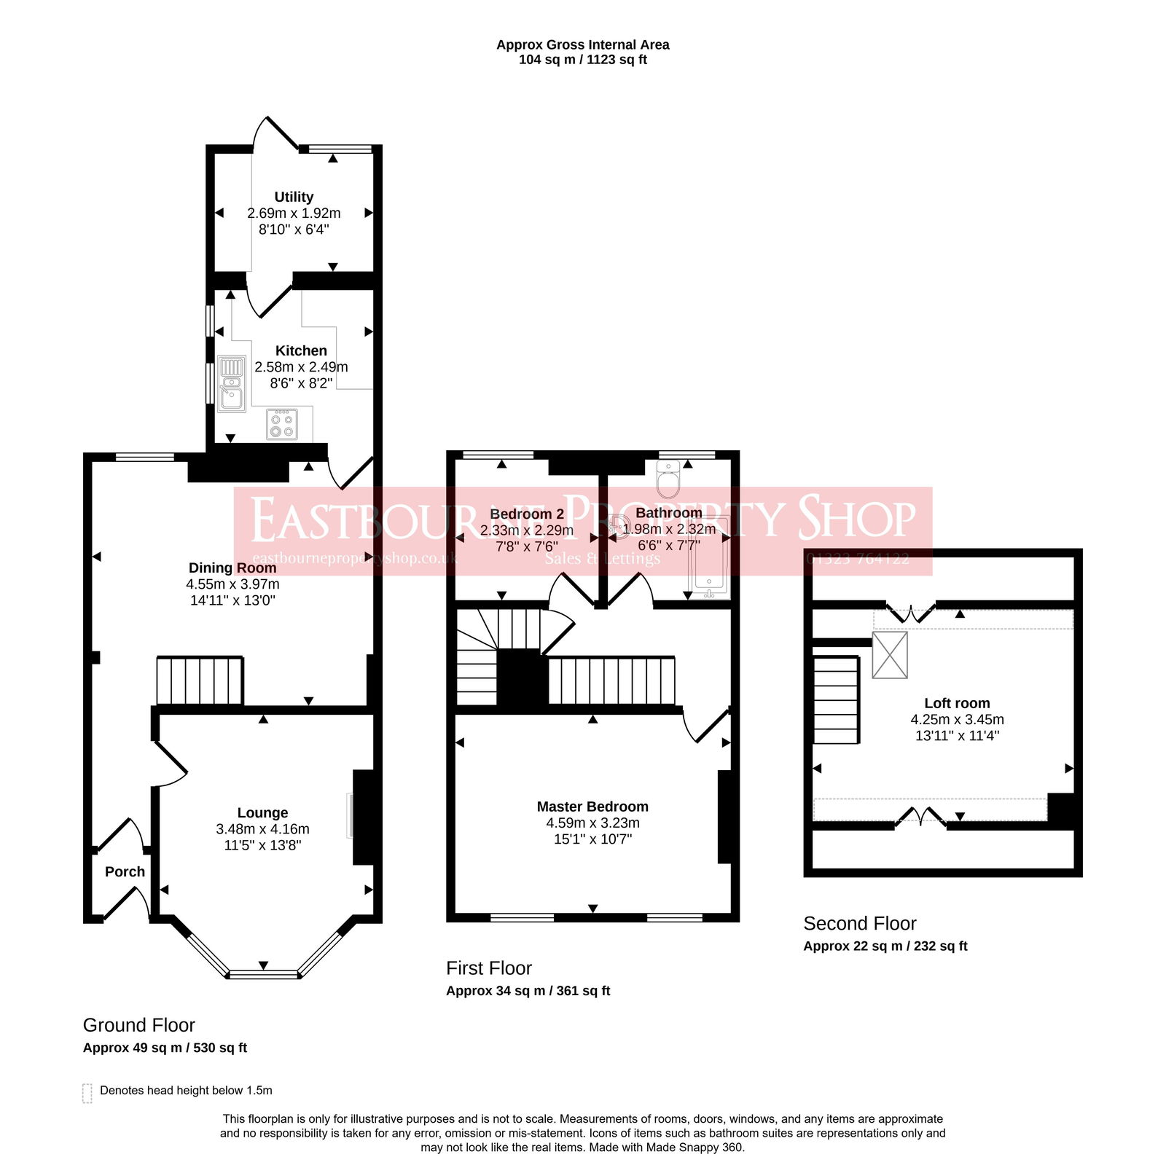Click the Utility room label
[294, 197]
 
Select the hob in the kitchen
[282, 424]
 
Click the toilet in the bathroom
[668, 478]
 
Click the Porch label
[125, 871]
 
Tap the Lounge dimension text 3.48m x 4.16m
[262, 829]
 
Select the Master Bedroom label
[592, 807]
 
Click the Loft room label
[957, 703]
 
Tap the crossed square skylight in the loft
[890, 655]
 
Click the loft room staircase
[836, 699]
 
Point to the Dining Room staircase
[200, 680]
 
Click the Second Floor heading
[859, 923]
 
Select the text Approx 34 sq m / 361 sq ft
[528, 991]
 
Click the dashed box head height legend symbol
[87, 1094]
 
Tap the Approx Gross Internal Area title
[582, 44]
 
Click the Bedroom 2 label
[527, 514]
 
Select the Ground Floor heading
[139, 1025]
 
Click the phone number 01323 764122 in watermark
[858, 559]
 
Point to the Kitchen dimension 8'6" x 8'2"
[301, 382]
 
